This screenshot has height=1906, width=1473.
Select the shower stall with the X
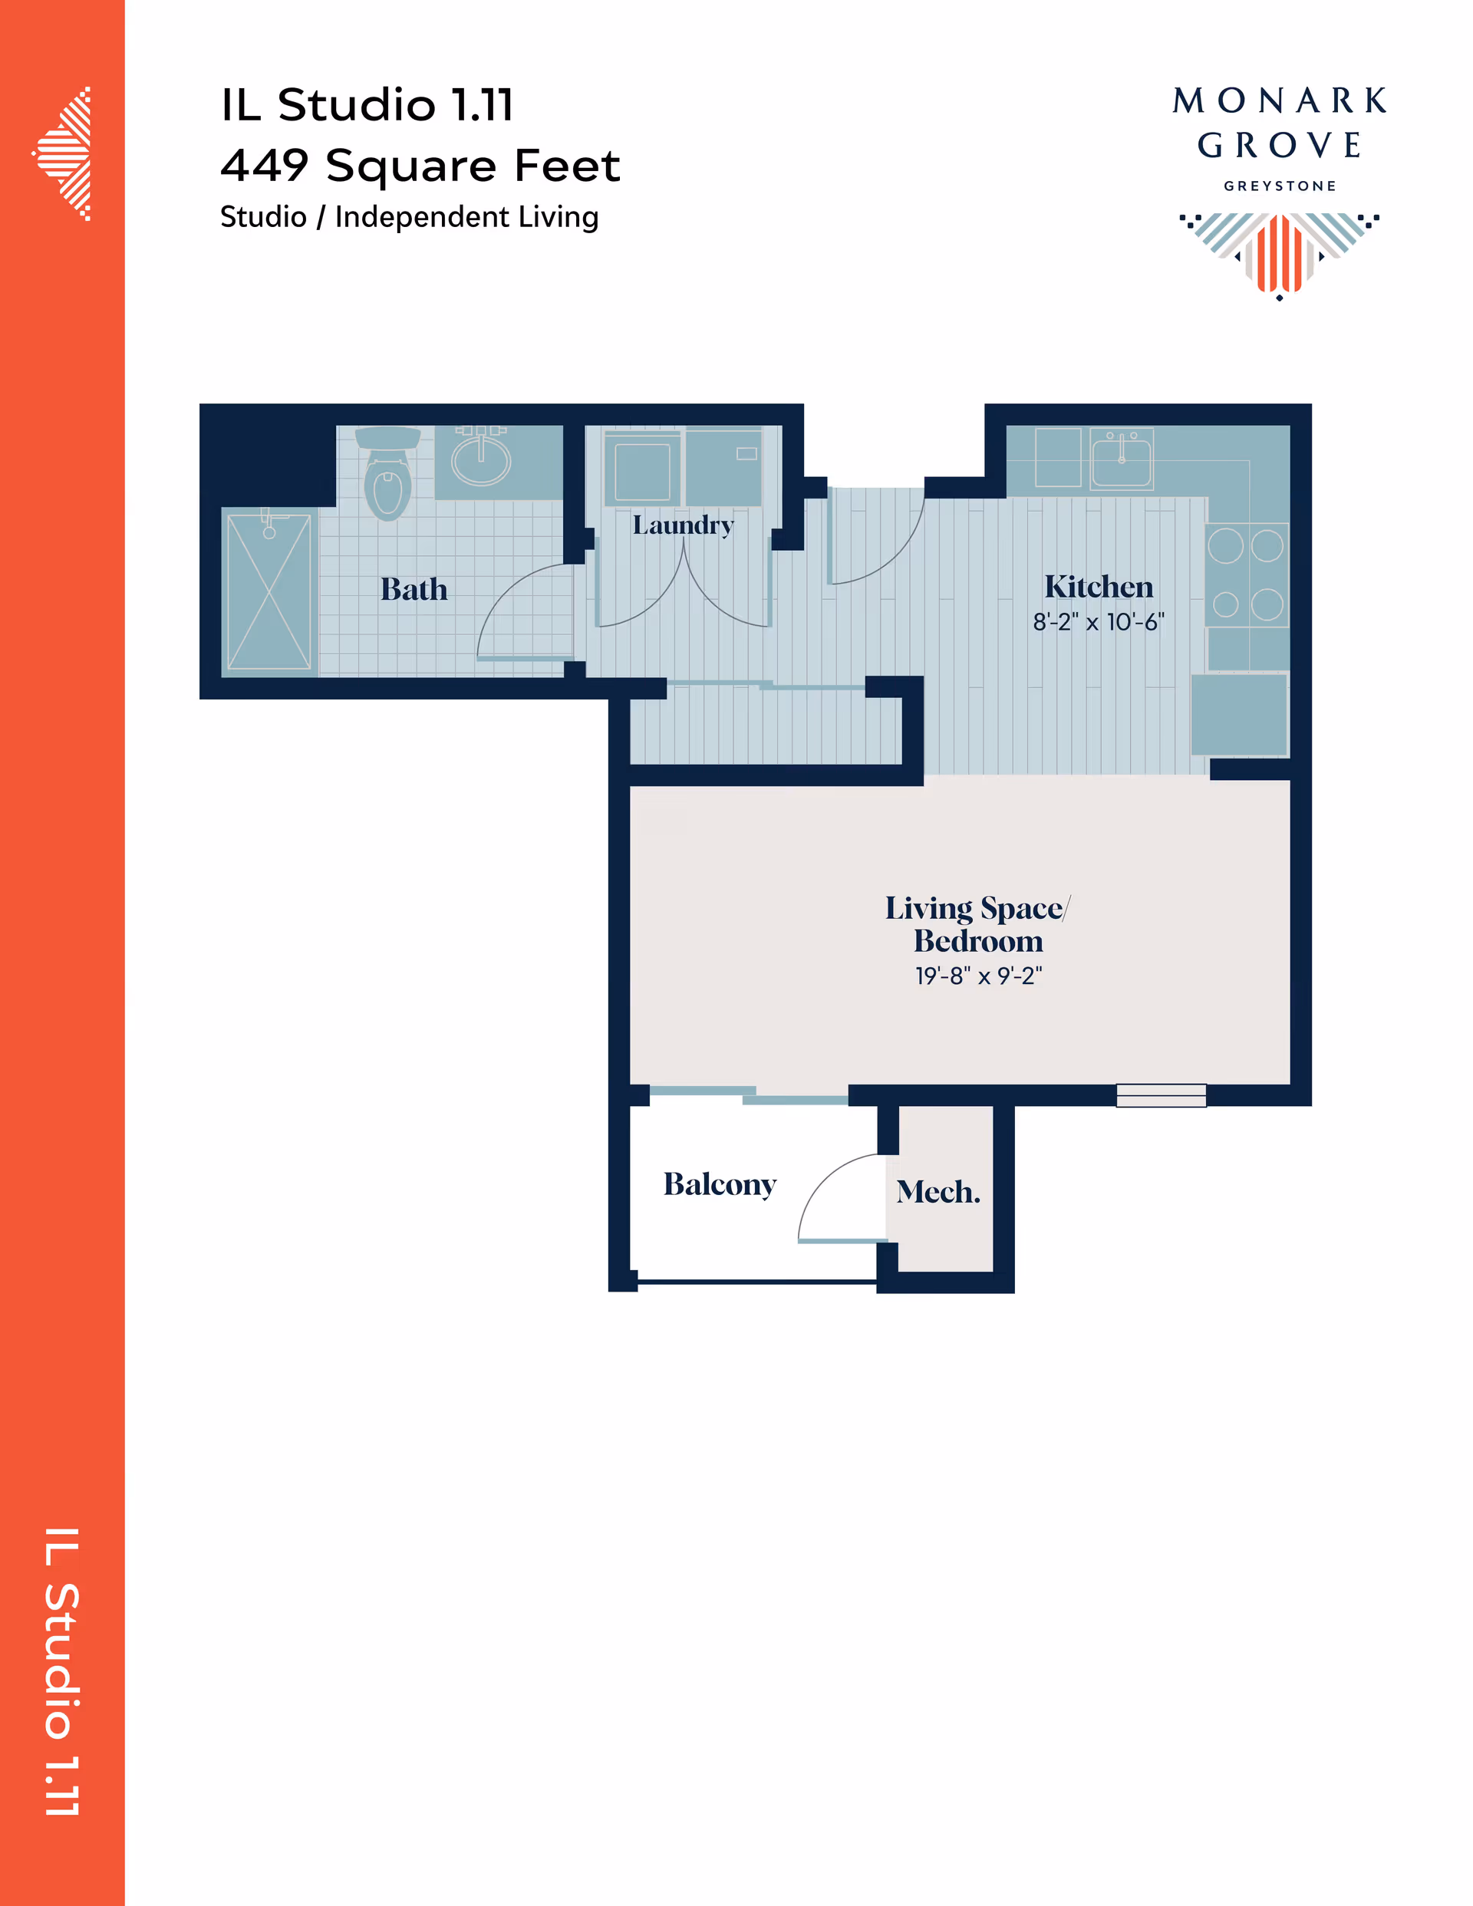[269, 591]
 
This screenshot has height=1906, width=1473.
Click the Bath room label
[414, 589]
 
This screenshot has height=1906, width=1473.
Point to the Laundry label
[683, 525]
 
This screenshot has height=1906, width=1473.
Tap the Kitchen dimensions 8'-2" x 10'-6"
[1099, 621]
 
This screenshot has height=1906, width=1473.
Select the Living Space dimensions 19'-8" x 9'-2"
[978, 975]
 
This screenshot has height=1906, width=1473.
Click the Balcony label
[720, 1184]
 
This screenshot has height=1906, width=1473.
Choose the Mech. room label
[938, 1191]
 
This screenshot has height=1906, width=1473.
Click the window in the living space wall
[1162, 1095]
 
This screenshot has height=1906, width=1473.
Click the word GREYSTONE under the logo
[1279, 186]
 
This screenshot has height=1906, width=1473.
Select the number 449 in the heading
[265, 165]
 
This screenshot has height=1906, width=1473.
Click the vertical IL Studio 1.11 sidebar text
[62, 1672]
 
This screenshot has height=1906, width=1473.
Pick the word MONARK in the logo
[1279, 100]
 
